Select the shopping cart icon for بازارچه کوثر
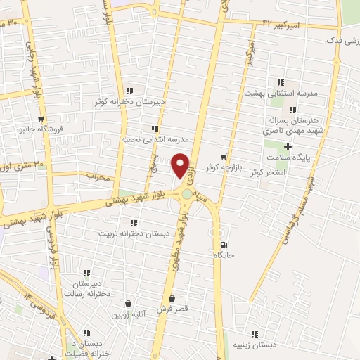point(224,156)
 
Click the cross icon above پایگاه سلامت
point(288,146)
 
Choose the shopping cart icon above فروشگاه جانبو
point(41,119)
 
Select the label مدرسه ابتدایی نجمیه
point(153,139)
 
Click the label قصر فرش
point(171,308)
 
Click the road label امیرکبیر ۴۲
point(283,24)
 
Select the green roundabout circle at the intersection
point(186,194)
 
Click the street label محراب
point(99,177)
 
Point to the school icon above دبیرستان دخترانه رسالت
point(86,273)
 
